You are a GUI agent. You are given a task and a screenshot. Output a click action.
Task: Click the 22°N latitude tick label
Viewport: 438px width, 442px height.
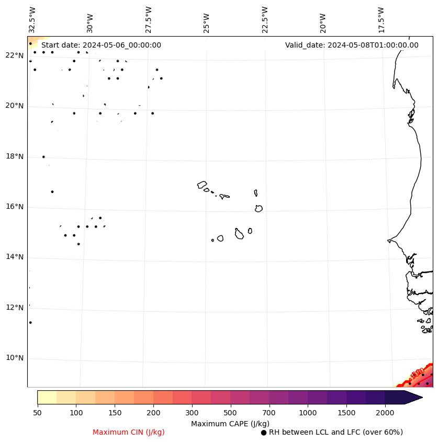pyautogui.click(x=15, y=55)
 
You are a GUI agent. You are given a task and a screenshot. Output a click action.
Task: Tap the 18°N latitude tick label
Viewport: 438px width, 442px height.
pyautogui.click(x=15, y=156)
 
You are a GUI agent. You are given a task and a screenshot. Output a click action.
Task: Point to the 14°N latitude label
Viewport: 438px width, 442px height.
pyautogui.click(x=15, y=257)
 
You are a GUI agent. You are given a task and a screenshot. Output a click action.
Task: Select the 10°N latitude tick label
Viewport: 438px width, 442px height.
pyautogui.click(x=15, y=358)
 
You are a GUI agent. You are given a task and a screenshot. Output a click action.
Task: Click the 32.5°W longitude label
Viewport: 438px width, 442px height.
pyautogui.click(x=32, y=20)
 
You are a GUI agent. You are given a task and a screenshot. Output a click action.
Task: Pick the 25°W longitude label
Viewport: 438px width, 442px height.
pyautogui.click(x=207, y=22)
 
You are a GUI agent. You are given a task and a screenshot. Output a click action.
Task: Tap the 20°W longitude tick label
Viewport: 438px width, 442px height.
pyautogui.click(x=322, y=22)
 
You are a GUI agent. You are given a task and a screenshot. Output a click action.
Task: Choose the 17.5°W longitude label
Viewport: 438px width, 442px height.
pyautogui.click(x=381, y=20)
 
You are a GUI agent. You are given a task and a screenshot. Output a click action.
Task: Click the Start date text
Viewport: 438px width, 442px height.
pyautogui.click(x=101, y=45)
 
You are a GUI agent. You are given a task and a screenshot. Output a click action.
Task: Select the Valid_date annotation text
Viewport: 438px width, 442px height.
pyautogui.click(x=352, y=45)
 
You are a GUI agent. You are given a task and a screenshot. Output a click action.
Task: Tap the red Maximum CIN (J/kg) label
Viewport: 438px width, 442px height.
pyautogui.click(x=129, y=432)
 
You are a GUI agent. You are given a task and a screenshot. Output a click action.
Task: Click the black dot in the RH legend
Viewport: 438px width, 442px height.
pyautogui.click(x=264, y=433)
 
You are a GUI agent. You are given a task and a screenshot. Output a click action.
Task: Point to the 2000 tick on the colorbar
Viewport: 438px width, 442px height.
pyautogui.click(x=385, y=413)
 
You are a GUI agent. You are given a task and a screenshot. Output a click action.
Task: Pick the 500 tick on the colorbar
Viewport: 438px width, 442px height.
pyautogui.click(x=230, y=413)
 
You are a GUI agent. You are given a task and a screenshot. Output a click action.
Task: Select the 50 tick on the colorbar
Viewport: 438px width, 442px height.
pyautogui.click(x=37, y=413)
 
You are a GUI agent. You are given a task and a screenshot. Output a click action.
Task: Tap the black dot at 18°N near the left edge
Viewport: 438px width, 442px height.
pyautogui.click(x=43, y=156)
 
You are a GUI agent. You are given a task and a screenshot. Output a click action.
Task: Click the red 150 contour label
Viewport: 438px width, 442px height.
pyautogui.click(x=418, y=373)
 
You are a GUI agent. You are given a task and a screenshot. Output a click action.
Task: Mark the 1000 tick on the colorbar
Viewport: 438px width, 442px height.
pyautogui.click(x=308, y=413)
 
